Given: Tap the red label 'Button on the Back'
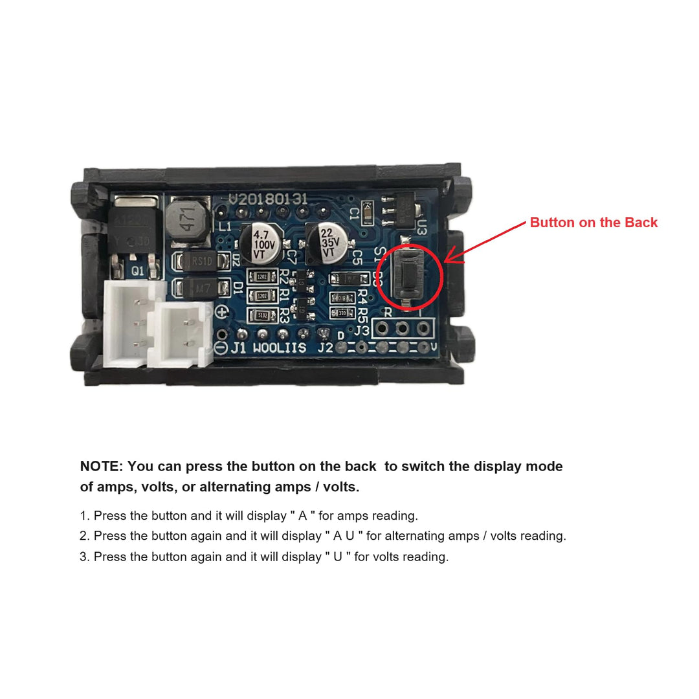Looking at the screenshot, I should click(594, 223).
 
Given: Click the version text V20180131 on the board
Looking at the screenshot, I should click(268, 199).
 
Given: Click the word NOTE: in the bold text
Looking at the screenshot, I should click(101, 467).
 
